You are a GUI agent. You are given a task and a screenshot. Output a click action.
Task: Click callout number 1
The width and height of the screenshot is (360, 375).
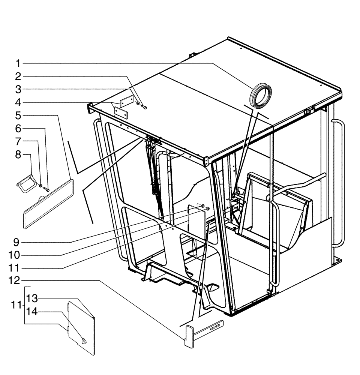(x=18, y=63)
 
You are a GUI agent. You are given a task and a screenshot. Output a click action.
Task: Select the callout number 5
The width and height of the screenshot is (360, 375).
(x=18, y=115)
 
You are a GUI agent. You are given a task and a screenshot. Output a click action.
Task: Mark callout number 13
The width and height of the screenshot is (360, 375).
(x=32, y=298)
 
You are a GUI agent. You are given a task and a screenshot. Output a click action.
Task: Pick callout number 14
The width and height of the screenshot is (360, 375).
(x=32, y=312)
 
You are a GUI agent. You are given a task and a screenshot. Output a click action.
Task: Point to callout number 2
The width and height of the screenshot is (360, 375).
(x=18, y=76)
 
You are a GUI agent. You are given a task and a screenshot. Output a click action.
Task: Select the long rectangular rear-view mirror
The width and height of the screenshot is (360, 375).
(x=48, y=203)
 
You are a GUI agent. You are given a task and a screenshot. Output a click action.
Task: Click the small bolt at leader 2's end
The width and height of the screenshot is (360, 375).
(x=145, y=108)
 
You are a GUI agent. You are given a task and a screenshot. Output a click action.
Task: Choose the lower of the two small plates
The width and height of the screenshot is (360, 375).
(x=121, y=112)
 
